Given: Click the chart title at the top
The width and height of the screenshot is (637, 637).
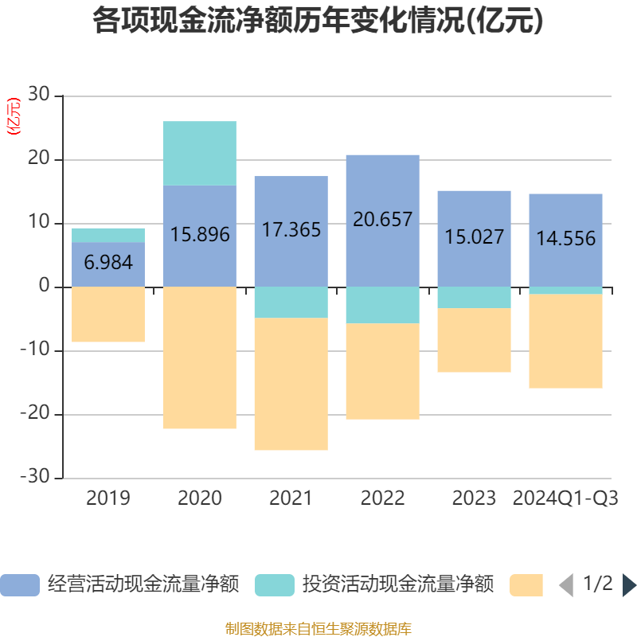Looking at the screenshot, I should coord(318,21).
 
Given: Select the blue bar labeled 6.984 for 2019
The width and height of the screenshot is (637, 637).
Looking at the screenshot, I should coord(108,264).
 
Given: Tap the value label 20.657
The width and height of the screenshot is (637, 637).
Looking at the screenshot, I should coord(383,219).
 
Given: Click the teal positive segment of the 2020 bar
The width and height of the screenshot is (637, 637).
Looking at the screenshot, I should coord(200,153).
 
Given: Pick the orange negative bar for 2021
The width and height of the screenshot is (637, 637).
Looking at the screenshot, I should coord(291,385).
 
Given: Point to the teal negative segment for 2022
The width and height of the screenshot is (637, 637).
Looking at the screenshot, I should coord(383,305).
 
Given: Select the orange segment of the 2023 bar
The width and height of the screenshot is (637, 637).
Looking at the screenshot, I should coord(474,341).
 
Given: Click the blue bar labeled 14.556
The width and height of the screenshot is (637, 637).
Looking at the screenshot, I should coord(565,238).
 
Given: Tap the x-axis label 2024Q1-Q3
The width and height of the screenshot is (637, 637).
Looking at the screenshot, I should coord(565,498).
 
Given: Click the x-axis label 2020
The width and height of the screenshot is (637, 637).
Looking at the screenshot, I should coord(200,498).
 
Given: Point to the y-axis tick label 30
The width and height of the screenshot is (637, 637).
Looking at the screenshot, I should coord(38,96).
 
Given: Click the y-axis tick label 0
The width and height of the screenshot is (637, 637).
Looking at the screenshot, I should coord(45,287).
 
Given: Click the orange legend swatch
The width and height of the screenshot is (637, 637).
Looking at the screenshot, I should coord(526,584).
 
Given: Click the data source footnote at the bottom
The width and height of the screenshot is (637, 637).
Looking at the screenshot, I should coord(318,629).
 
